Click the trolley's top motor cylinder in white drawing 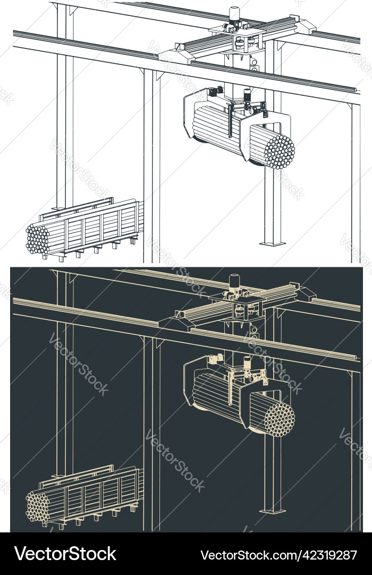[234, 14]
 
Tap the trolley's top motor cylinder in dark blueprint [234, 281]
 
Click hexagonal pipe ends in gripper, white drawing [279, 151]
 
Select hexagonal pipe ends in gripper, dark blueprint [279, 419]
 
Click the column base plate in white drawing [272, 244]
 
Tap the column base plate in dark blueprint [272, 511]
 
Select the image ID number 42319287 [329, 555]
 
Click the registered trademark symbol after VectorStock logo [120, 548]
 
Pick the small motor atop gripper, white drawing [247, 96]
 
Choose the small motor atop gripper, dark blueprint [247, 363]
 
